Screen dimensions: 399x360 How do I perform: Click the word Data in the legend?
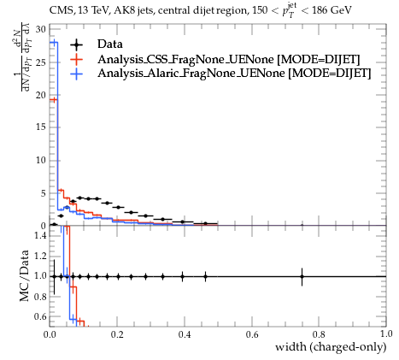(110, 44)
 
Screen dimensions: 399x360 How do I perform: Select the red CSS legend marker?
(76, 59)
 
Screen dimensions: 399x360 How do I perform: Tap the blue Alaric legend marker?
(76, 74)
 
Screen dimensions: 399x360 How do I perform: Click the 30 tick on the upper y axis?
(41, 29)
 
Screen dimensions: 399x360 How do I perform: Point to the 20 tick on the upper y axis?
(41, 95)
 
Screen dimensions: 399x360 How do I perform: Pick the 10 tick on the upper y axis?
(41, 160)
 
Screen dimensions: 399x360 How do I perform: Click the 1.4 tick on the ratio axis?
(40, 235)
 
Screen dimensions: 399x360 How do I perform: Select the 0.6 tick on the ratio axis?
(40, 316)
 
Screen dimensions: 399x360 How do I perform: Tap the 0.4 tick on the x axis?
(185, 334)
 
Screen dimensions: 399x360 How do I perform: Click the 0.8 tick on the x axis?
(319, 334)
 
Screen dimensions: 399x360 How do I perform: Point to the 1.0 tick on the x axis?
(386, 334)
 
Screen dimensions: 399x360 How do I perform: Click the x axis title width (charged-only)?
(331, 347)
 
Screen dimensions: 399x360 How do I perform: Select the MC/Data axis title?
(25, 275)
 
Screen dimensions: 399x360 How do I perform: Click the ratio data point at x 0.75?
(302, 276)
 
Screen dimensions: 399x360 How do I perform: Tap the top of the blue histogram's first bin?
(54, 43)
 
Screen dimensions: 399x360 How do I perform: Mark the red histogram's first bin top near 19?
(54, 99)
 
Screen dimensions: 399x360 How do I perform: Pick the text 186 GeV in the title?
(332, 10)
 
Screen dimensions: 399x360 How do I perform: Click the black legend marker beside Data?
(76, 44)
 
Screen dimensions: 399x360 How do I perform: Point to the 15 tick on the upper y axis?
(41, 127)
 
